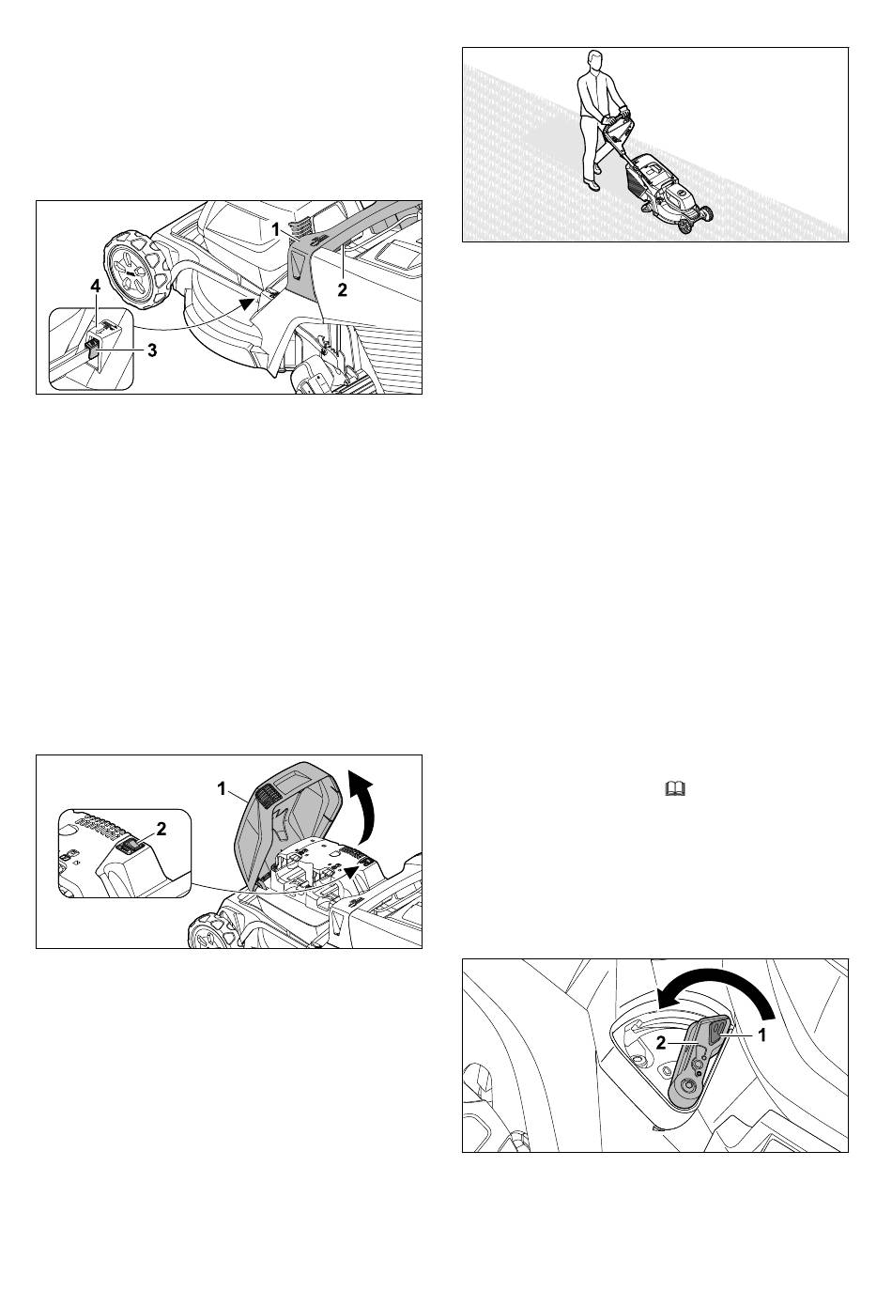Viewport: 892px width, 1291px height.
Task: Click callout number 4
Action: (x=96, y=287)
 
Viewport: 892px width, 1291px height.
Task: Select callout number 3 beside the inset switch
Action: (x=152, y=350)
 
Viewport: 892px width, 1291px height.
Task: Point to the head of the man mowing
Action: (x=595, y=60)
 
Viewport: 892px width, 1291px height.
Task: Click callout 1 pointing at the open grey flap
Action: (x=222, y=789)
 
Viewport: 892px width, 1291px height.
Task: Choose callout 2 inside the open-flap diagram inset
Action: (x=161, y=829)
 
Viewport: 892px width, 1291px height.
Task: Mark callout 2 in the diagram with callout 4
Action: (x=342, y=289)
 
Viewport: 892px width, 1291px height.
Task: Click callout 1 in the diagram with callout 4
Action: (x=276, y=229)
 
